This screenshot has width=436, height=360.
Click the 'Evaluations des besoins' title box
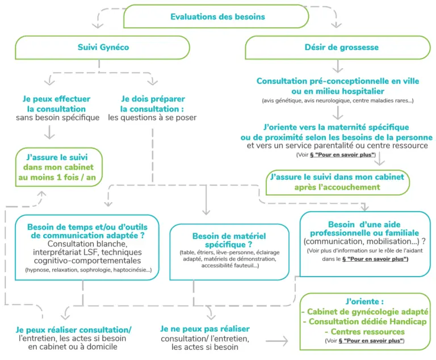(216, 16)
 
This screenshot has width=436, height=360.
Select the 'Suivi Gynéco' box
(102, 47)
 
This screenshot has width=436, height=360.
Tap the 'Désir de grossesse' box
(338, 47)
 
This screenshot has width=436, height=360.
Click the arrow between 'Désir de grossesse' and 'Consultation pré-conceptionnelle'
(338, 66)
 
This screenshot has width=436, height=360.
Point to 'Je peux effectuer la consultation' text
(56, 104)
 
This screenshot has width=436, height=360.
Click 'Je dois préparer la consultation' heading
(153, 104)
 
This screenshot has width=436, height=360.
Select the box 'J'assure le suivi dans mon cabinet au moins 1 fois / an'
(59, 167)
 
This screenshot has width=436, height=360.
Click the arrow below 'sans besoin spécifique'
(49, 132)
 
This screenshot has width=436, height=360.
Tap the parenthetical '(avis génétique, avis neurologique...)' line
(338, 101)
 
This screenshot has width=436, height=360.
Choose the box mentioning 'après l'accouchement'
(338, 182)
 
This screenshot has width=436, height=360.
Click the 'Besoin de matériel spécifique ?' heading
(229, 240)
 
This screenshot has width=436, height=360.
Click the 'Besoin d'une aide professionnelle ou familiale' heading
(364, 229)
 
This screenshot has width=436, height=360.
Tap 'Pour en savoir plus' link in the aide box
(375, 259)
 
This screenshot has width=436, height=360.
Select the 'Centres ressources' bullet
(365, 332)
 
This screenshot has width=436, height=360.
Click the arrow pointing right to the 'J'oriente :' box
(277, 341)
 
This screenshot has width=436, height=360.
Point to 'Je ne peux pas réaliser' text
(205, 329)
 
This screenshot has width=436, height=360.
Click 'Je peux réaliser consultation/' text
(73, 330)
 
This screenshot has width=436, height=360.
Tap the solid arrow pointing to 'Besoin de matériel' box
(206, 200)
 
